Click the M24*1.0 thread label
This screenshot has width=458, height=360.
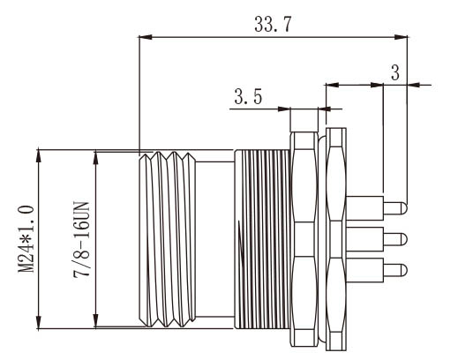point(26,237)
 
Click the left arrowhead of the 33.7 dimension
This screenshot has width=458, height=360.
point(144,36)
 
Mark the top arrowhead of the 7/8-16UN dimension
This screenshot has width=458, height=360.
point(95,155)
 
